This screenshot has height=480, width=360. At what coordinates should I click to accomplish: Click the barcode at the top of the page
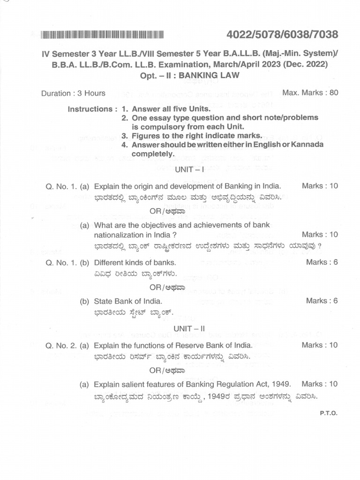[x=102, y=34]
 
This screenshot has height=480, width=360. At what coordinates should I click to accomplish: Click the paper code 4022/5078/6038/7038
[x=282, y=35]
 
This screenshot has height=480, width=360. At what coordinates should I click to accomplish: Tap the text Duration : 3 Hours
[x=73, y=93]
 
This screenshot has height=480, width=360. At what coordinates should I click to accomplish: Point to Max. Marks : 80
[x=310, y=92]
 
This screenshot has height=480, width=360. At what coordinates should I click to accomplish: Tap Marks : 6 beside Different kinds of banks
[x=322, y=262]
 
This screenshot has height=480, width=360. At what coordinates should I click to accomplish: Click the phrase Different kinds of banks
[x=135, y=262]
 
